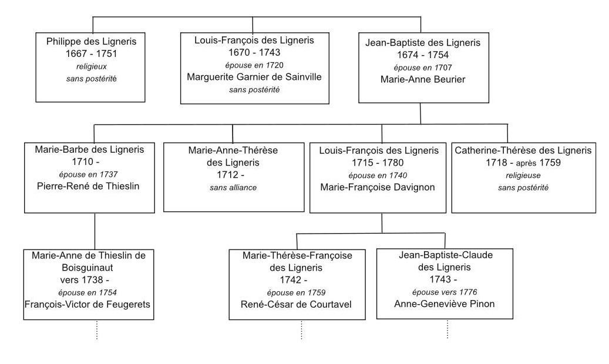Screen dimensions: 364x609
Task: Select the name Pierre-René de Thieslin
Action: tap(95, 187)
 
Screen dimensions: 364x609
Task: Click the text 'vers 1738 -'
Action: tap(89, 279)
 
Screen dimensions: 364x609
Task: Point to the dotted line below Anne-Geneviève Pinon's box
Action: tap(447, 329)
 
